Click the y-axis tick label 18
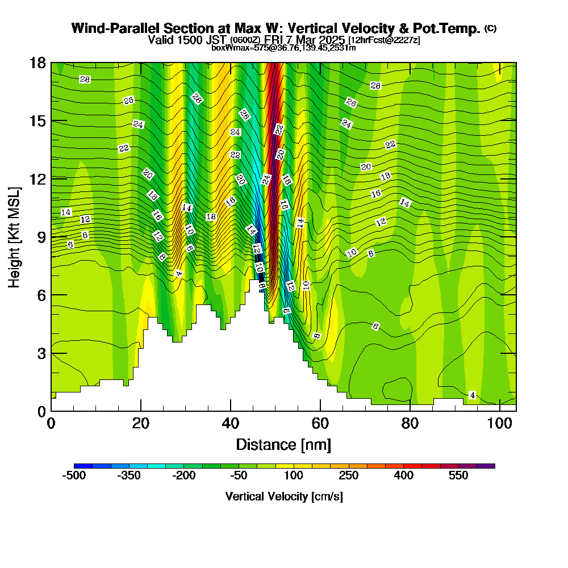pos(37,63)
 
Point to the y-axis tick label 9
pos(41,237)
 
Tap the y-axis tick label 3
pos(41,353)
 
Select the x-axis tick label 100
pos(500,423)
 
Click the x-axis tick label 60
pos(320,423)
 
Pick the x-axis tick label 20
pos(141,423)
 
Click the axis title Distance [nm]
pos(283,444)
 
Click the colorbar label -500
pos(74,475)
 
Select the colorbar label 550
pos(459,475)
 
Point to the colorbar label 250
pos(349,475)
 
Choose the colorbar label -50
pos(239,475)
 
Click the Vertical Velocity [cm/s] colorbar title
pos(283,496)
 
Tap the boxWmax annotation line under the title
pos(283,48)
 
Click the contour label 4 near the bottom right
pos(472,395)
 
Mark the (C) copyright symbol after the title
pos(490,28)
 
